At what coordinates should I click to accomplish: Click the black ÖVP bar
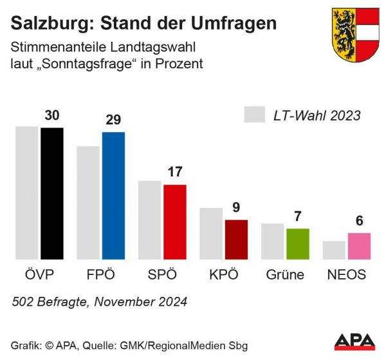[x=52, y=193]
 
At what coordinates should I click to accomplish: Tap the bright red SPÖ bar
[x=175, y=222]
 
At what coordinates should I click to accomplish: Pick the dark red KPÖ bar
[x=236, y=239]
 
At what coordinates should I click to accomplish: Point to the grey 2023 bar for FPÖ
[x=88, y=202]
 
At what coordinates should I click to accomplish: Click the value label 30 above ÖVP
[x=52, y=115]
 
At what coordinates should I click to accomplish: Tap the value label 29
[x=113, y=120]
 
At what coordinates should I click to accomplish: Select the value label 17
[x=175, y=172]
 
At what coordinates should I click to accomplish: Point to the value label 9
[x=236, y=207]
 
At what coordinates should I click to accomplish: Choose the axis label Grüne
[x=285, y=275]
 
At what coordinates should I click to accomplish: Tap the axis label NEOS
[x=347, y=275]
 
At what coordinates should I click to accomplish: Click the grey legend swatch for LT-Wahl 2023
[x=255, y=115]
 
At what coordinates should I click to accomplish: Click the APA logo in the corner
[x=355, y=342]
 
